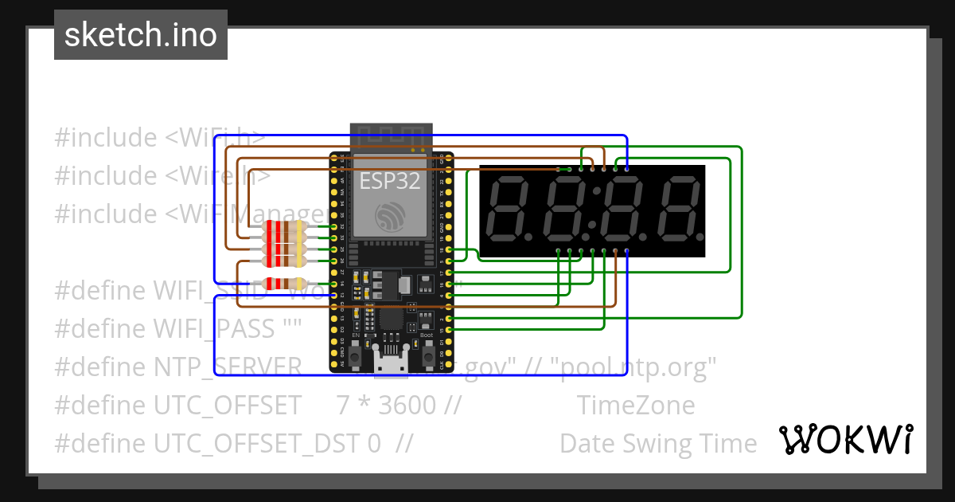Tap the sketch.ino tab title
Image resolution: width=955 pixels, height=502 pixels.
(x=141, y=35)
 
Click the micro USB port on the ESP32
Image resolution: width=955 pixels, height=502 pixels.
(x=391, y=364)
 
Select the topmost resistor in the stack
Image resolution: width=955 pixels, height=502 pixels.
(x=283, y=226)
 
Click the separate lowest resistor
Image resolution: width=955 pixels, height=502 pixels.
(x=284, y=283)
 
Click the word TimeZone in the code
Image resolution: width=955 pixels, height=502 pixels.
(x=636, y=405)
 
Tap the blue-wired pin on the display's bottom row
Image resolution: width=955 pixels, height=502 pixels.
(x=627, y=251)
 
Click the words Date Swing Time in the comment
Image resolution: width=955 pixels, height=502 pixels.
(x=658, y=443)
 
